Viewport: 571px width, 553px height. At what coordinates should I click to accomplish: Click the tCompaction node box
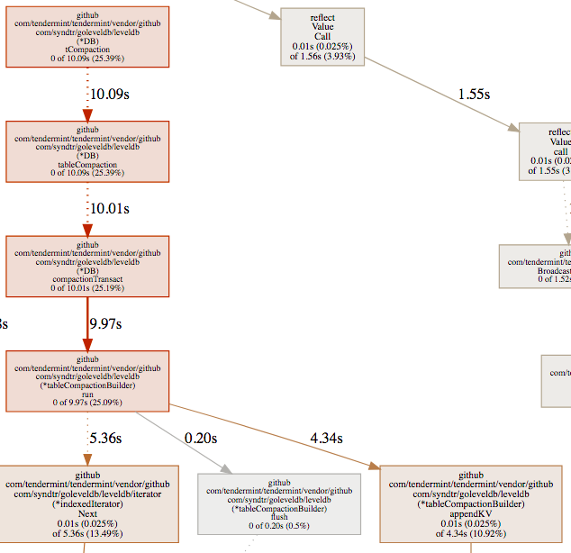click(x=87, y=36)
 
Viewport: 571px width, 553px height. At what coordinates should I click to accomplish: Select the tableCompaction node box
click(x=87, y=150)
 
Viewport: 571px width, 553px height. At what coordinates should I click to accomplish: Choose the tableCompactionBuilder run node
click(x=87, y=381)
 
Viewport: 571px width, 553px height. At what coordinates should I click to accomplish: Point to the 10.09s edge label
click(x=109, y=93)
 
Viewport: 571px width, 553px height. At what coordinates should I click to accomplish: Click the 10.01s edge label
click(x=109, y=208)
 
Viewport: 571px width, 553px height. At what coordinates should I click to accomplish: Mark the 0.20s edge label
click(x=201, y=438)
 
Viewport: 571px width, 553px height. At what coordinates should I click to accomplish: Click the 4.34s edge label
click(x=326, y=438)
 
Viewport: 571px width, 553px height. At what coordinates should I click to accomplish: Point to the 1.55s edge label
click(x=473, y=94)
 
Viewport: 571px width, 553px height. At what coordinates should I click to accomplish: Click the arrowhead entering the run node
click(x=87, y=345)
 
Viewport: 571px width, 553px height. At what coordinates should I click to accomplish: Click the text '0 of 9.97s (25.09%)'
click(x=87, y=402)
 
